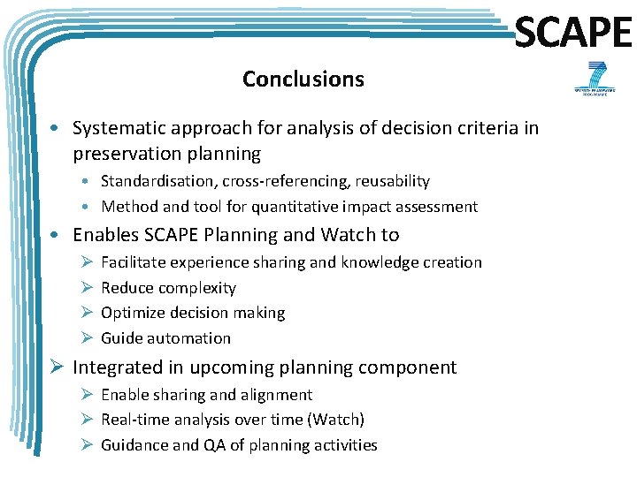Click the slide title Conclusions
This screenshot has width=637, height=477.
(x=303, y=79)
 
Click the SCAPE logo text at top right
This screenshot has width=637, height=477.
(x=572, y=34)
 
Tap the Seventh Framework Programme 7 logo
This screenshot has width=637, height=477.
(x=591, y=79)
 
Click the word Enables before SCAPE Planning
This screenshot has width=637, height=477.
(x=105, y=235)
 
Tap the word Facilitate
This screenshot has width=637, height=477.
(x=133, y=262)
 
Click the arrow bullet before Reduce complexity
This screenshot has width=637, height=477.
(x=87, y=288)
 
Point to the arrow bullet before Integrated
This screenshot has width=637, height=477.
(x=58, y=367)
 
